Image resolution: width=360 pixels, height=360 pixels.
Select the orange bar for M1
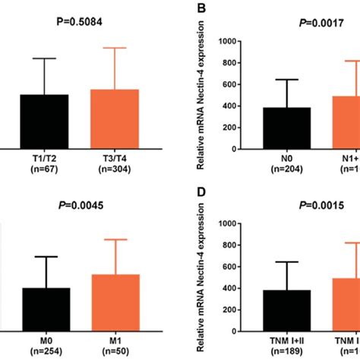[x=115, y=303]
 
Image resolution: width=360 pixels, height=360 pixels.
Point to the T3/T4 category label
[x=115, y=158]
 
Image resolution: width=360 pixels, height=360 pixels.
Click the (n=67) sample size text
[x=44, y=169]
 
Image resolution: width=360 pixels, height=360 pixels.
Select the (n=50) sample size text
[x=115, y=351]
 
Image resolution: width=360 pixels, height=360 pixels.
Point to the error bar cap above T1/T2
[x=44, y=58]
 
